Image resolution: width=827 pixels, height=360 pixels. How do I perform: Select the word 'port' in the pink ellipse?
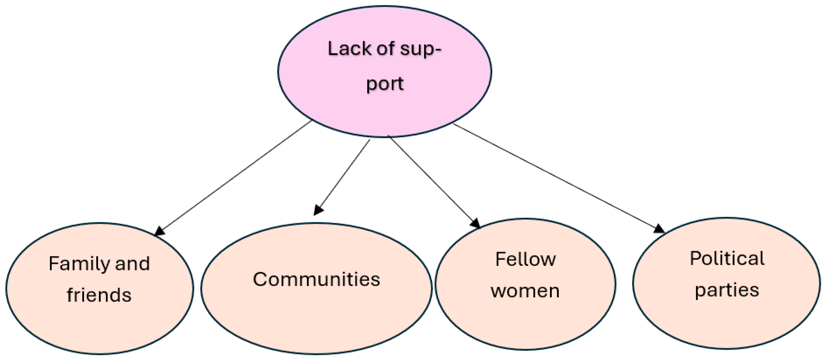point(385,84)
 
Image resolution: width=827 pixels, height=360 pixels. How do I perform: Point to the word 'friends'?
point(99,295)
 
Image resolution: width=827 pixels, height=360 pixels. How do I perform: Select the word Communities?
point(316,279)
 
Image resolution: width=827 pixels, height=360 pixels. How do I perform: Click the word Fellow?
point(525,259)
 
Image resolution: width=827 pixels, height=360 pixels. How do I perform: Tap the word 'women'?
point(525,291)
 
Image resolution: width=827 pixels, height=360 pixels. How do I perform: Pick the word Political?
point(727,259)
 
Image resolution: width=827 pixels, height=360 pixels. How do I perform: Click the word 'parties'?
point(727,290)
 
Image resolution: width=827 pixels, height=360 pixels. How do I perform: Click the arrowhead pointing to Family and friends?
point(160,231)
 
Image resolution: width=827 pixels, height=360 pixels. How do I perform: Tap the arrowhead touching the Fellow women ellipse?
point(475,223)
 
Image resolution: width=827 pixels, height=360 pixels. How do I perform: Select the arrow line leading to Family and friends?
point(234,177)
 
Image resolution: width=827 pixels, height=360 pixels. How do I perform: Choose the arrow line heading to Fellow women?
point(430,178)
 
